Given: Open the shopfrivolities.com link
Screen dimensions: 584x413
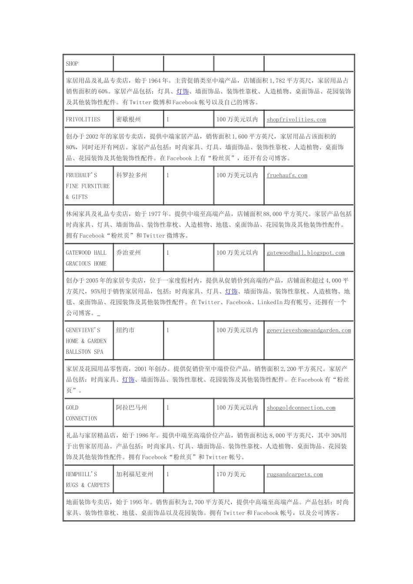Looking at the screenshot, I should pyautogui.click(x=296, y=119).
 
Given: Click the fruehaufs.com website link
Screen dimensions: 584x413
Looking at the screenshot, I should pyautogui.click(x=287, y=176).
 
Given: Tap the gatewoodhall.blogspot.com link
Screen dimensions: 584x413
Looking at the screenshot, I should pyautogui.click(x=306, y=253).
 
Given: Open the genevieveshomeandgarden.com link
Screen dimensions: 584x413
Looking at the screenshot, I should pyautogui.click(x=309, y=330).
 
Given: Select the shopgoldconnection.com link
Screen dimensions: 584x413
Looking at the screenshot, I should pyautogui.click(x=301, y=408).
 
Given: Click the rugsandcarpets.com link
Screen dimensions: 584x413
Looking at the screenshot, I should pyautogui.click(x=295, y=474).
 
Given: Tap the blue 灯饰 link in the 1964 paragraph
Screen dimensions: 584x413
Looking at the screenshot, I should pyautogui.click(x=183, y=92).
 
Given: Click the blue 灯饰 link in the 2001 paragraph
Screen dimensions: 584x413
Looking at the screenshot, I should pyautogui.click(x=128, y=380).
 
